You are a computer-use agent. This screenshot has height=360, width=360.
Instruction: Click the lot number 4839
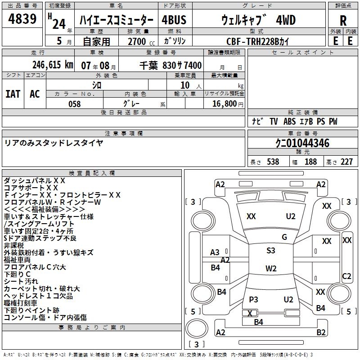tap(22, 20)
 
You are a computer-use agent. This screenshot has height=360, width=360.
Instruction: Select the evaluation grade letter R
tap(343, 21)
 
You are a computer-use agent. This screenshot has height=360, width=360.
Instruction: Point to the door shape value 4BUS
tap(174, 20)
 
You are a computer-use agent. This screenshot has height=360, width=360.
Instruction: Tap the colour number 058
tap(74, 104)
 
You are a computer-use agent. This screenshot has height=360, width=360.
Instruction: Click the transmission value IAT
tap(13, 94)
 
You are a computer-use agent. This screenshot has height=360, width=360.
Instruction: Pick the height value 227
tap(346, 162)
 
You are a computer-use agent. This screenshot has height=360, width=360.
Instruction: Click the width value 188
tap(310, 162)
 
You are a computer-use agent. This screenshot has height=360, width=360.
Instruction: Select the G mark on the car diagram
tap(284, 237)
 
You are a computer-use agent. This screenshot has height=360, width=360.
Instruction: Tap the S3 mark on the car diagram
tap(270, 251)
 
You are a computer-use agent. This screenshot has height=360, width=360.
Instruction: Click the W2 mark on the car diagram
tap(270, 269)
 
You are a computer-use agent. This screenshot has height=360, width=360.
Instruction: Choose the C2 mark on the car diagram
tap(346, 276)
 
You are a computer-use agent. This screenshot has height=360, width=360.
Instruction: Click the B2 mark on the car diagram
tap(320, 333)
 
